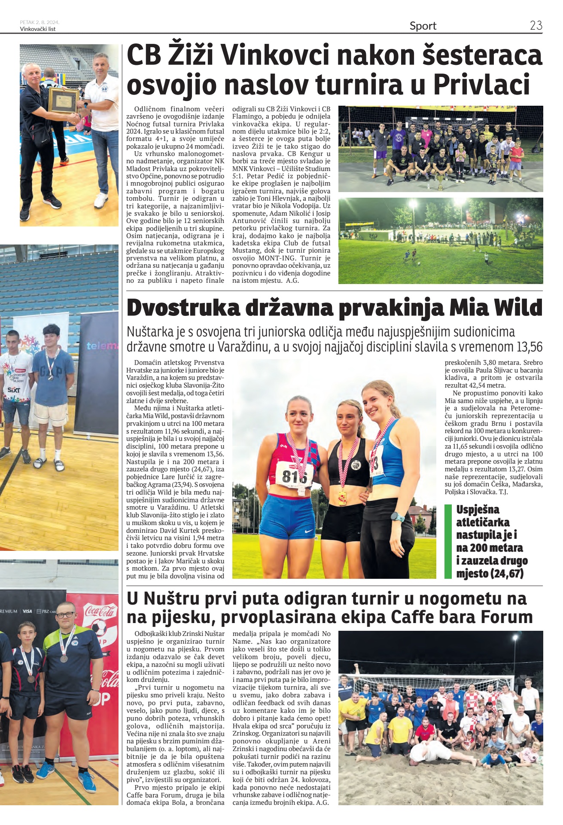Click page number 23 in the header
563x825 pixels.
(x=536, y=25)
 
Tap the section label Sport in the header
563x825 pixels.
(x=423, y=26)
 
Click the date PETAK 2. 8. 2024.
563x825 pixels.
(x=40, y=22)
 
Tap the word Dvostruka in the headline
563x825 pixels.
(x=183, y=308)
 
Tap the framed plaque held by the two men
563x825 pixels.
(x=63, y=101)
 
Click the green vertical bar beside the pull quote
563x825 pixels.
(x=448, y=541)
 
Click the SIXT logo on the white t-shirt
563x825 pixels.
(x=14, y=390)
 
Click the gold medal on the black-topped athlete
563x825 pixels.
(x=343, y=498)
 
